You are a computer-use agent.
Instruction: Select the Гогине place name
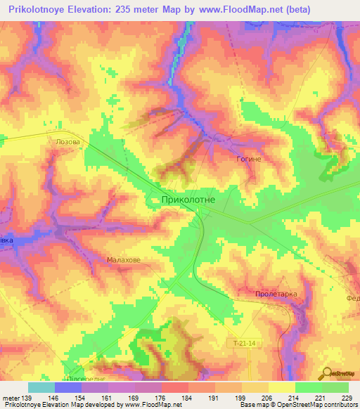248,160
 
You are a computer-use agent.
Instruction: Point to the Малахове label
124,260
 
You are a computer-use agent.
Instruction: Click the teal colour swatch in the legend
41,387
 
